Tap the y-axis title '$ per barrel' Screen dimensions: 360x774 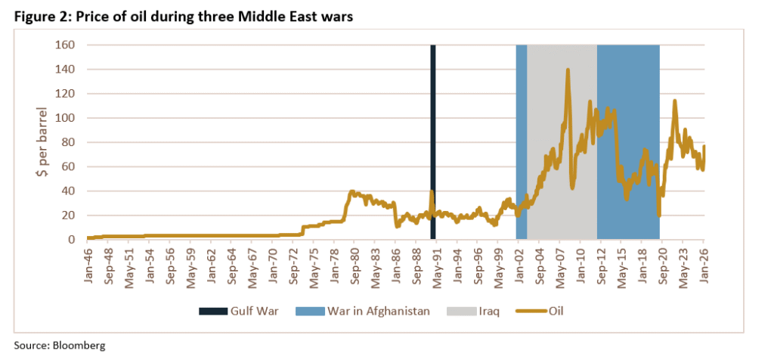(x=44, y=142)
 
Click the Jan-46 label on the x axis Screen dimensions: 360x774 (x=91, y=262)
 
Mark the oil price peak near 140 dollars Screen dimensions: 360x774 (x=567, y=70)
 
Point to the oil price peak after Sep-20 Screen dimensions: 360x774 (x=673, y=101)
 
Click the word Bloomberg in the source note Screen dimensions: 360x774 (x=79, y=345)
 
